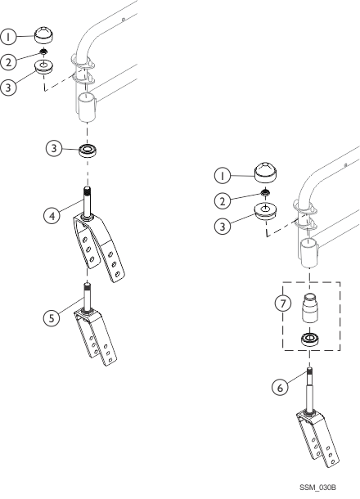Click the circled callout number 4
[x=52, y=216]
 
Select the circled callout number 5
[x=52, y=317]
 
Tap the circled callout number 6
[x=280, y=388]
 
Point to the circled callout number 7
[x=282, y=303]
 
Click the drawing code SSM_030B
[x=317, y=488]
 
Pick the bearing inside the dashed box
[x=309, y=339]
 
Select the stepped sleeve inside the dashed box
[x=309, y=308]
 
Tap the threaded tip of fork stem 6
[x=309, y=371]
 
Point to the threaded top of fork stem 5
[x=87, y=287]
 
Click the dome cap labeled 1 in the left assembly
[x=43, y=35]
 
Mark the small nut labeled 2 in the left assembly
[x=43, y=51]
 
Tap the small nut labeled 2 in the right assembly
[x=265, y=192]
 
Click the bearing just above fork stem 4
[x=88, y=151]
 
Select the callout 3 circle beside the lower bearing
[x=54, y=148]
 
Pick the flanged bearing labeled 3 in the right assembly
[x=265, y=210]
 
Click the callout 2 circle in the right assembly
[x=223, y=200]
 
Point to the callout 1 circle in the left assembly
[x=8, y=37]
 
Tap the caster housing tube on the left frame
[x=87, y=106]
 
